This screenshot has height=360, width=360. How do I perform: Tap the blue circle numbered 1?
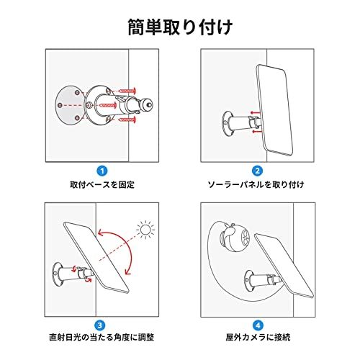pos(102,171)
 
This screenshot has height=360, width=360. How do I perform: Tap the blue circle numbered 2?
pos(257,171)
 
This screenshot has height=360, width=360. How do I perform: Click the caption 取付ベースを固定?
pos(102,185)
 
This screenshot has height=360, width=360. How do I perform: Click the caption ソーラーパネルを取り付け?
pos(257,185)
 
